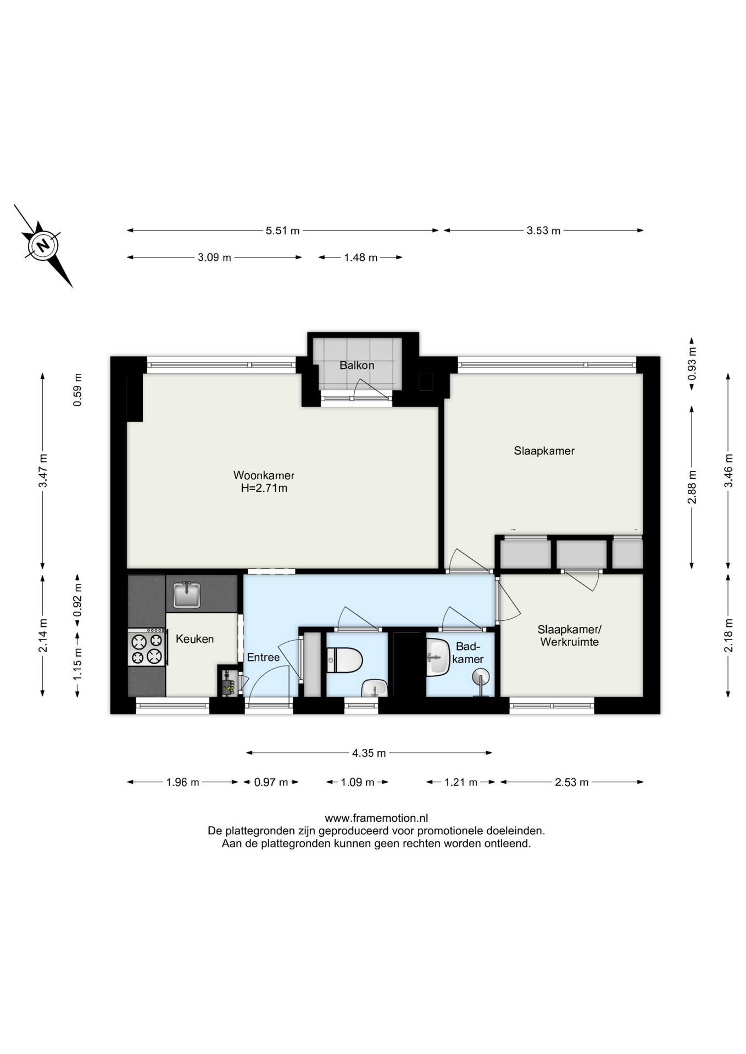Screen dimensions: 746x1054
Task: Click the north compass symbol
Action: tap(43, 245)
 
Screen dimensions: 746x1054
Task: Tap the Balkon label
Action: tap(357, 365)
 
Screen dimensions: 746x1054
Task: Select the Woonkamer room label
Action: tap(264, 475)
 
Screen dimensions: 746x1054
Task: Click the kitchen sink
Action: tap(187, 595)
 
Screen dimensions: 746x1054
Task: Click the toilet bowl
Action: tap(344, 660)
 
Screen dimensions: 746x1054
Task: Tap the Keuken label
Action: tap(194, 639)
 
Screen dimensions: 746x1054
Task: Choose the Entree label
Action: tap(263, 657)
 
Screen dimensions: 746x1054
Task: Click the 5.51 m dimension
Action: tap(283, 231)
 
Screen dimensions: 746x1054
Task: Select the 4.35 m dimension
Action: tap(369, 753)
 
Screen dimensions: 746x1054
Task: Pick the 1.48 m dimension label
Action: tap(361, 257)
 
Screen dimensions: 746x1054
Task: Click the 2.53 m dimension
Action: tap(572, 782)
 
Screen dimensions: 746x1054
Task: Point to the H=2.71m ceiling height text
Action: tap(264, 488)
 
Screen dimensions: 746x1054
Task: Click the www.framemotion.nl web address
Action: tap(376, 818)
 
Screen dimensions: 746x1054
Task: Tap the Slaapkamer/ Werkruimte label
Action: tap(570, 636)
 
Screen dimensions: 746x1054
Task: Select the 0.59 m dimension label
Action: tap(78, 390)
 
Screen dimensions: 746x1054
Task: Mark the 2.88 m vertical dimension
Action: tap(692, 487)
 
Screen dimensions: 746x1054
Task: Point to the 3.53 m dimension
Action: tap(544, 231)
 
